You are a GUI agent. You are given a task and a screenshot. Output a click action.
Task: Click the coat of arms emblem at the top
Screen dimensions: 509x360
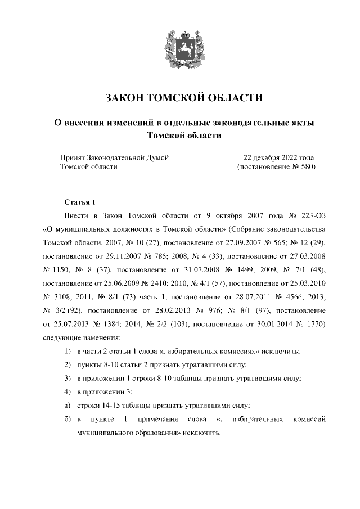pos(179,48)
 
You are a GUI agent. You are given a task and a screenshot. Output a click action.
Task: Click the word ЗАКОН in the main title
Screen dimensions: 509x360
pos(123,98)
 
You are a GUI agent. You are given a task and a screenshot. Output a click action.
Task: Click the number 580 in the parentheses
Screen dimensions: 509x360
pos(304,167)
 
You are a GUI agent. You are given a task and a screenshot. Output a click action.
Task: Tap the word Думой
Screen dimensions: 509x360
pos(157,157)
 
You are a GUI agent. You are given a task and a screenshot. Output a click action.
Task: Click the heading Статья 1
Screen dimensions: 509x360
pos(81,201)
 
